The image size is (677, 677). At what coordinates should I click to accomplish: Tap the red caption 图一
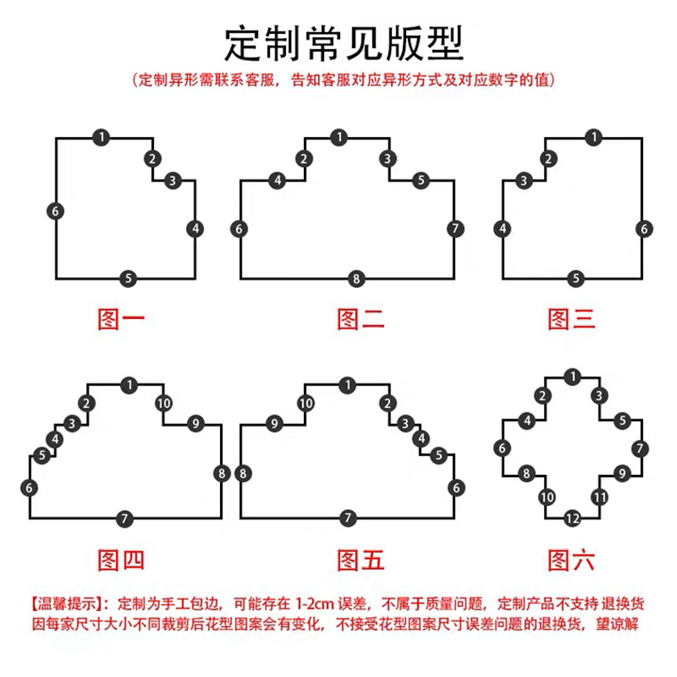tap(119, 319)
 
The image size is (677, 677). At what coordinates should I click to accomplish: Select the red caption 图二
tap(361, 319)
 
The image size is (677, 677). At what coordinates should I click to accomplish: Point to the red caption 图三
tap(572, 319)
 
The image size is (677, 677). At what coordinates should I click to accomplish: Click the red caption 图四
tap(119, 559)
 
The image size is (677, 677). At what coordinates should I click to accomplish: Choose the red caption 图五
tap(361, 559)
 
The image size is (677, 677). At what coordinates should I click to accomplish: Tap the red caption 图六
tap(572, 559)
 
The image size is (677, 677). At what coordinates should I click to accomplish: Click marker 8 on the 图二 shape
tap(356, 278)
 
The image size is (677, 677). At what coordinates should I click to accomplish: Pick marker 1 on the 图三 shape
tap(595, 137)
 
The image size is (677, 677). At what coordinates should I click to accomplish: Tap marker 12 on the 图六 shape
tap(573, 518)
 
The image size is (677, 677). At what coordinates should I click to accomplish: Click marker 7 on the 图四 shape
tap(124, 518)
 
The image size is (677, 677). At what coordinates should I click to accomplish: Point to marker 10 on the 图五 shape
tap(305, 403)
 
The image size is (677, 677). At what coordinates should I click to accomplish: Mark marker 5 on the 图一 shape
tap(127, 278)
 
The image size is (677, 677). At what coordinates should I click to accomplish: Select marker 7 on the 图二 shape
tap(455, 228)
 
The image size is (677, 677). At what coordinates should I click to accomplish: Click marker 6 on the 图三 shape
tap(644, 228)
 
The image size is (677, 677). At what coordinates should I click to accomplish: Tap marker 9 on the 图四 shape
tap(195, 423)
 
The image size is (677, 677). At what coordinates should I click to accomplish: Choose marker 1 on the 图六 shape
tap(573, 376)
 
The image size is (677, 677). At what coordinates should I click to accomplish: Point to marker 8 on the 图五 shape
tap(242, 473)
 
